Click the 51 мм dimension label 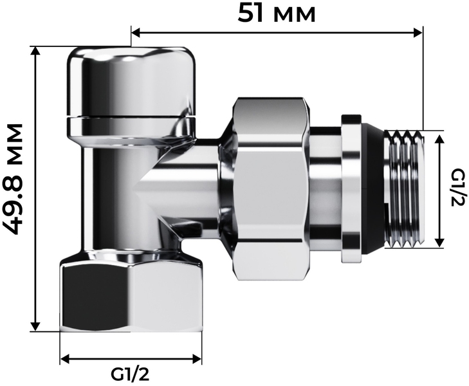277,14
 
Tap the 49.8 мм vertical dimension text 14,179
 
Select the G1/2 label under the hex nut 130,374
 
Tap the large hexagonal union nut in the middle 271,189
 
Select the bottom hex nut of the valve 131,294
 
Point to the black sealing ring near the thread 374,189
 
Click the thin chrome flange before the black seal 351,189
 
